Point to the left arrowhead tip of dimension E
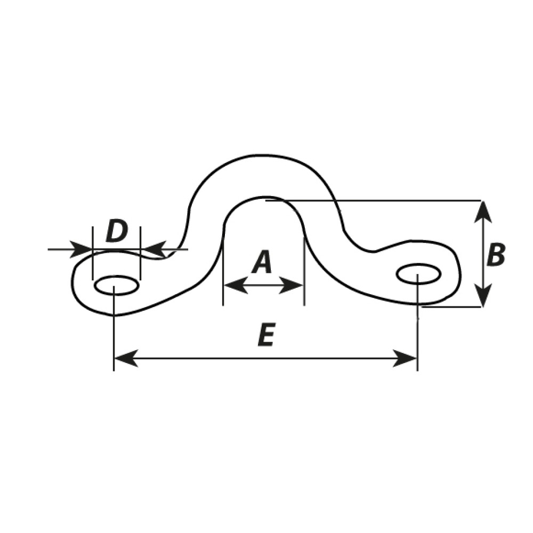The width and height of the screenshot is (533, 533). pyautogui.click(x=115, y=358)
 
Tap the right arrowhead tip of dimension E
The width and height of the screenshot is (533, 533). pyautogui.click(x=417, y=358)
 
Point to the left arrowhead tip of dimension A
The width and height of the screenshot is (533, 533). pyautogui.click(x=224, y=285)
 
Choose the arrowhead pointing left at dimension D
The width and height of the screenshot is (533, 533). pyautogui.click(x=152, y=249)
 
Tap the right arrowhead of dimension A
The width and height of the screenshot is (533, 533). pyautogui.click(x=291, y=285)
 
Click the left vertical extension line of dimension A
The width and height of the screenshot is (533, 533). pyautogui.click(x=223, y=265)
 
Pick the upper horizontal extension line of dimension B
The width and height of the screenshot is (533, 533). pyautogui.click(x=373, y=200)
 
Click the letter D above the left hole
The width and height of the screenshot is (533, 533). pyautogui.click(x=117, y=231)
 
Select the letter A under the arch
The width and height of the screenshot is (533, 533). pyautogui.click(x=262, y=262)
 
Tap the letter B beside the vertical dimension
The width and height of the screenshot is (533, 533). pyautogui.click(x=496, y=254)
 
